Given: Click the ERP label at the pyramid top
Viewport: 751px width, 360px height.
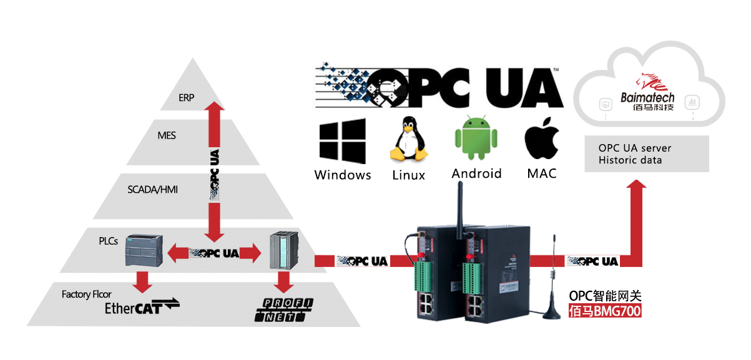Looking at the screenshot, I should pyautogui.click(x=186, y=97).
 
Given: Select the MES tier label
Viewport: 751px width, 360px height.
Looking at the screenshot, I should pyautogui.click(x=167, y=135).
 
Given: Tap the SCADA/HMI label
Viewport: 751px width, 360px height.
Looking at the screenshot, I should pyautogui.click(x=152, y=188).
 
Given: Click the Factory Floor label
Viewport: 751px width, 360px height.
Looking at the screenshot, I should pyautogui.click(x=87, y=294).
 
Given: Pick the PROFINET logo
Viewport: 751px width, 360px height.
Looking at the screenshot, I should pyautogui.click(x=284, y=310).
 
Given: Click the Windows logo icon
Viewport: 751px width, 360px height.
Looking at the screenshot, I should pyautogui.click(x=342, y=143).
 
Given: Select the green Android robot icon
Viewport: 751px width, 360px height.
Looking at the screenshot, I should pyautogui.click(x=476, y=139).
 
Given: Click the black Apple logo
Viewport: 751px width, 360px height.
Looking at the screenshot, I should pyautogui.click(x=541, y=139).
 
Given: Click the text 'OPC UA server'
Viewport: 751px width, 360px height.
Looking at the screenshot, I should pyautogui.click(x=635, y=148).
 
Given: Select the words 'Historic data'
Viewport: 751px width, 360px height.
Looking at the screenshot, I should pyautogui.click(x=631, y=160).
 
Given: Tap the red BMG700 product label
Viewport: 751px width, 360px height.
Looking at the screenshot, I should pyautogui.click(x=605, y=311).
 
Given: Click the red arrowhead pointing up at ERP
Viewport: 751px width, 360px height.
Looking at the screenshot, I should pyautogui.click(x=214, y=107).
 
